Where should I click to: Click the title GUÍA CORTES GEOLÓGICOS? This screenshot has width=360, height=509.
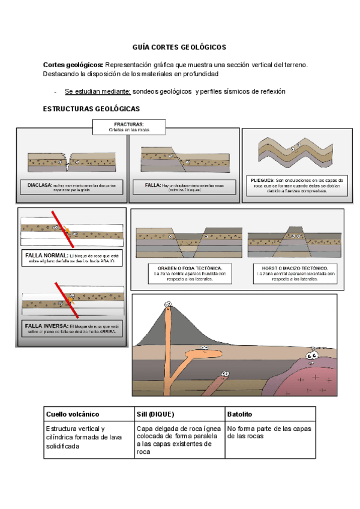pos(179,47)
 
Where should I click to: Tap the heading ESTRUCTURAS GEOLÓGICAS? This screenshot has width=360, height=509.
pos(91,109)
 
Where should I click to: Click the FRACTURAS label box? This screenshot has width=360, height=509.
pos(128,127)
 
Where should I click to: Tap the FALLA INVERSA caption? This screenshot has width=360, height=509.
pos(71,328)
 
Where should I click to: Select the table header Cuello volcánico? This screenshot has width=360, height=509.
pos(73,415)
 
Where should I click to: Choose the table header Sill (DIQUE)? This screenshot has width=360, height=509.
pos(157,415)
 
